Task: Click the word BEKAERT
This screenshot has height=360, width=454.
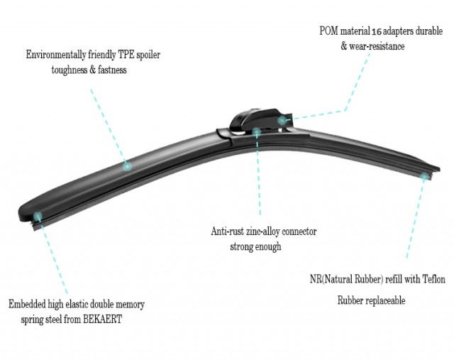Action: (x=102, y=319)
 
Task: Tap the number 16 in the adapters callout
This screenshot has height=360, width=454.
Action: (x=377, y=31)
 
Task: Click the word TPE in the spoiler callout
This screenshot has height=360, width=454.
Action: (x=126, y=55)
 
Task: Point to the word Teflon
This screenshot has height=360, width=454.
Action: (x=433, y=279)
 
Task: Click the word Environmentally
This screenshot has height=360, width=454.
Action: (x=56, y=55)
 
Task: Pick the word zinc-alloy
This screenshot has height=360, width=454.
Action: (x=263, y=231)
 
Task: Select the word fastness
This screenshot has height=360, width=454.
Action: (x=112, y=70)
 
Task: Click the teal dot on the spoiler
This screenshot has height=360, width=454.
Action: (x=127, y=166)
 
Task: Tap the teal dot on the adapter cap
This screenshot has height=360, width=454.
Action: (x=282, y=121)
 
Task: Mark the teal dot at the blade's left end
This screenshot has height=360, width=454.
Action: (x=38, y=216)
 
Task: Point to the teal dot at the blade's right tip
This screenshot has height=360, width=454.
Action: (x=424, y=177)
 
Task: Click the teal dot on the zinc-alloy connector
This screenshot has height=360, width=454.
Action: (x=257, y=132)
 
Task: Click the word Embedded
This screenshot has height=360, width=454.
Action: (x=27, y=304)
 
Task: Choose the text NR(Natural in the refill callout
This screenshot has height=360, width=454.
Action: (x=331, y=279)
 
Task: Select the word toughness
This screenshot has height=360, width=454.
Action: (x=70, y=70)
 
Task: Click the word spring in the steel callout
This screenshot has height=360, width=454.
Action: (x=33, y=320)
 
